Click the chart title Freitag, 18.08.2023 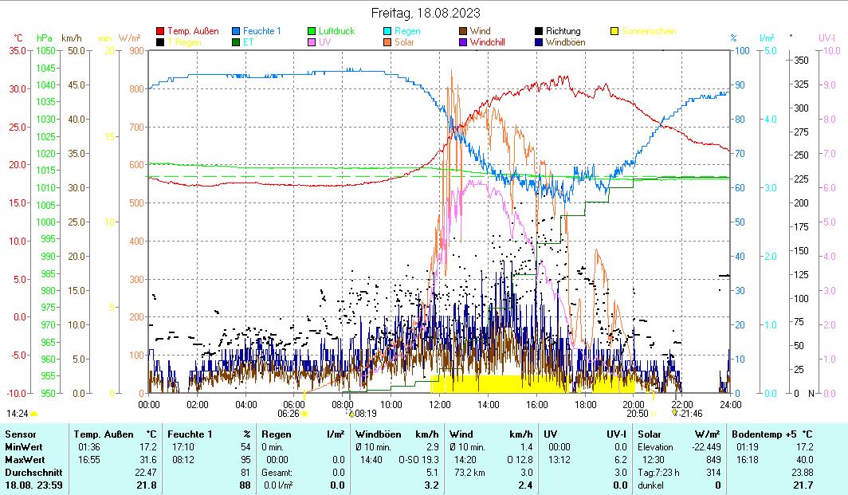click(x=426, y=13)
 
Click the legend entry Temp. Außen click(x=193, y=31)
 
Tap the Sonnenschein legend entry click(x=648, y=31)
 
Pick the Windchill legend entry click(x=492, y=41)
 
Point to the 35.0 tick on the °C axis click(x=18, y=50)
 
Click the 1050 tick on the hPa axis click(x=45, y=50)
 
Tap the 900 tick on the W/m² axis click(x=135, y=50)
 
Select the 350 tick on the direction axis click(x=802, y=60)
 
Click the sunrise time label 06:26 click(x=288, y=414)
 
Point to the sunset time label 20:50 click(x=637, y=414)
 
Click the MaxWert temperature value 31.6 click(x=147, y=460)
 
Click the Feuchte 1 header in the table click(x=190, y=434)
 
